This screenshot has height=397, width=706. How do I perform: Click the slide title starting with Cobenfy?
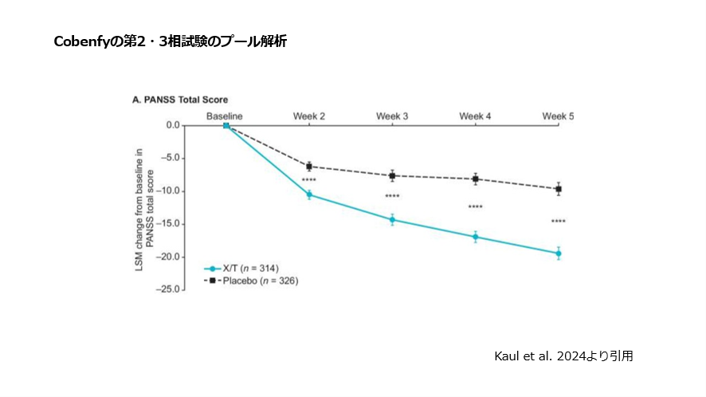point(170,41)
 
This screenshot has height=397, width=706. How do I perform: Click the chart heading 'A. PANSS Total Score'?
point(180,100)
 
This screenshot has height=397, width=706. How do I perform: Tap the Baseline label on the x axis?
point(226,116)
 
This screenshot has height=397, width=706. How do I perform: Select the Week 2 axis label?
point(309,116)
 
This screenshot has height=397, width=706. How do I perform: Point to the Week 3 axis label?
point(392,116)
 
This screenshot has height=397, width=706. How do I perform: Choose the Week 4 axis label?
point(475,116)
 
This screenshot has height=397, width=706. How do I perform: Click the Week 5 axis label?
point(558,116)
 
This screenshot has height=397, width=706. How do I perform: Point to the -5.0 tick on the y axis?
point(170,158)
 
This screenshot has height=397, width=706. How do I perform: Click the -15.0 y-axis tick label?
point(168,224)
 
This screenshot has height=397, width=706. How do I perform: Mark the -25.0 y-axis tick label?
point(168,290)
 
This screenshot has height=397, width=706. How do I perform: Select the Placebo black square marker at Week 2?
point(309,167)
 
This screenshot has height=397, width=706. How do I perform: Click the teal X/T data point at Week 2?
point(309,195)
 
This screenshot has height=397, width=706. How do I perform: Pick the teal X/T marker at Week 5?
point(559,254)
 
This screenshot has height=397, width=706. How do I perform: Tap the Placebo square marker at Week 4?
point(476,179)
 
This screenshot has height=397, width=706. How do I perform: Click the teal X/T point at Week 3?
point(392,219)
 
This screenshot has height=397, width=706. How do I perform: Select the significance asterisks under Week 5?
point(558,222)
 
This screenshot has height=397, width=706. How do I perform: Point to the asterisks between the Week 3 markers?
point(392,197)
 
